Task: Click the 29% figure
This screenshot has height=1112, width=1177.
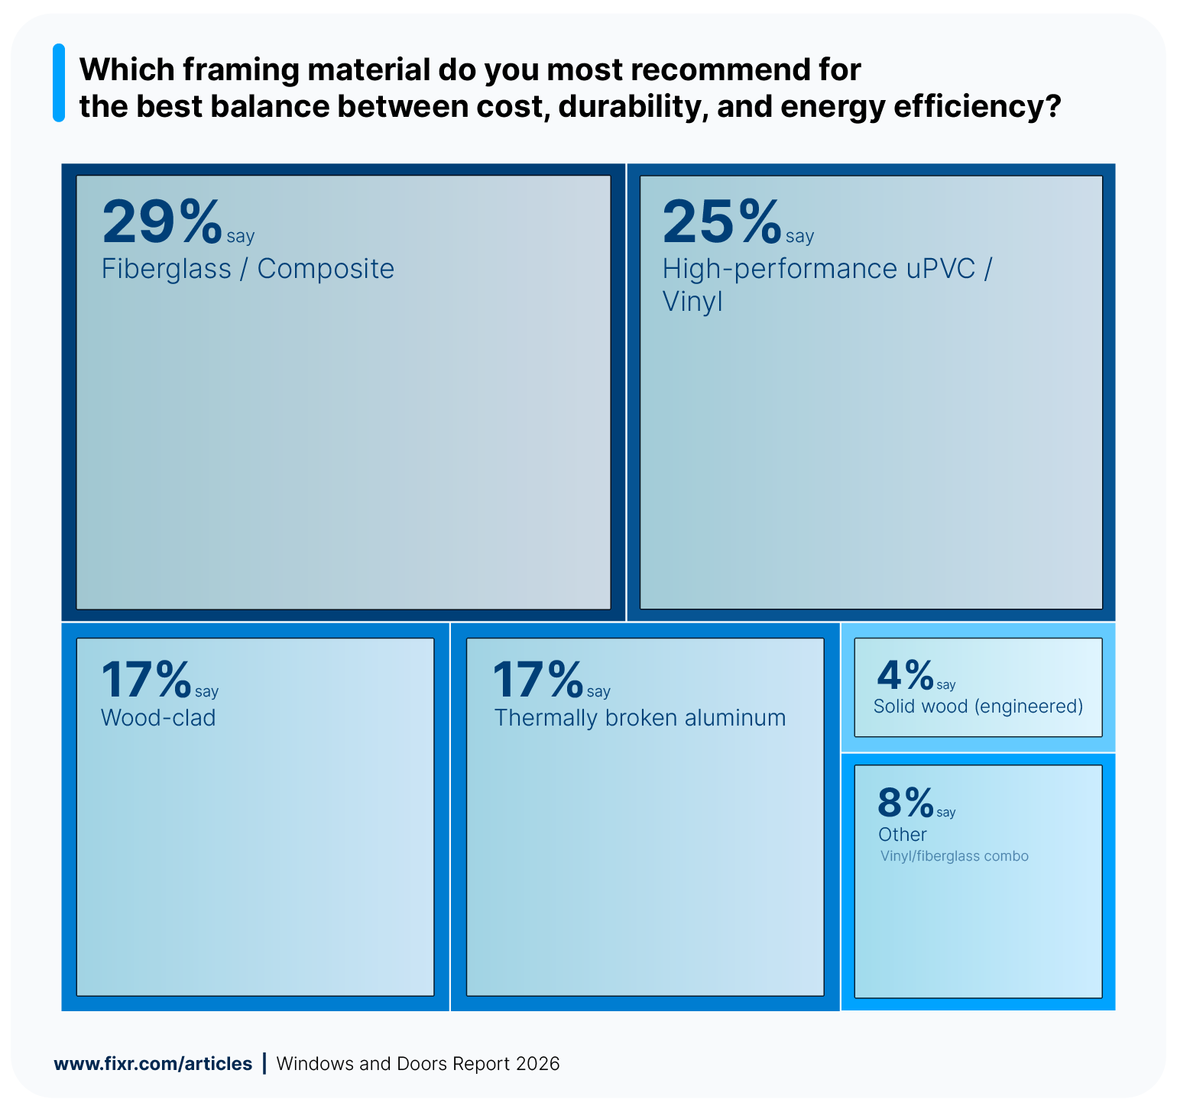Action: tap(161, 221)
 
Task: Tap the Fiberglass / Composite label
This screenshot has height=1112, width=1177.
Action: tap(248, 269)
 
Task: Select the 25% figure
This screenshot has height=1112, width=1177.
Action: tap(721, 221)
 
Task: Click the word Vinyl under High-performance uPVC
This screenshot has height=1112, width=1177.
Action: tap(692, 302)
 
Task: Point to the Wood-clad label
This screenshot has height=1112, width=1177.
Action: tap(158, 718)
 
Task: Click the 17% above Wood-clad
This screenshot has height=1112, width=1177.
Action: tap(146, 680)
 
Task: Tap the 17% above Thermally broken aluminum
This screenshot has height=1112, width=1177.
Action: tap(537, 680)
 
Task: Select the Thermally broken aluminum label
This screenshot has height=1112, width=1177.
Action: tap(640, 718)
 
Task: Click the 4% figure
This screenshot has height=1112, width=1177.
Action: tap(905, 675)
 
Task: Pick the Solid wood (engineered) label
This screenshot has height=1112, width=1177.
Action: tap(978, 706)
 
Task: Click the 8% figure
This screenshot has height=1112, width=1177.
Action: tap(906, 803)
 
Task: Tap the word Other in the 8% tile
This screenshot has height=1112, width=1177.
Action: tap(902, 835)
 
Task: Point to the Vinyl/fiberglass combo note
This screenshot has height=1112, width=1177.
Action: tap(954, 856)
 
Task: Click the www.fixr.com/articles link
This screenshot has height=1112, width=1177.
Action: tap(153, 1064)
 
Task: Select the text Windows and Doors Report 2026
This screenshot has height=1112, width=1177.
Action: tap(418, 1064)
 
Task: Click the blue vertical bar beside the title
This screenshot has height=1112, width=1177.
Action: tap(59, 82)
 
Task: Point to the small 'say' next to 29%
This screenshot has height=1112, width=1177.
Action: tap(240, 237)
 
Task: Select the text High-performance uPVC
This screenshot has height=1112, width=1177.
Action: tap(819, 269)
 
